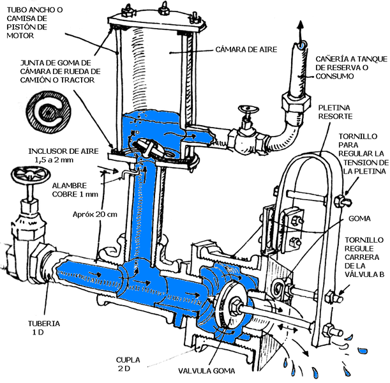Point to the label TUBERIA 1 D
[44, 328]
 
